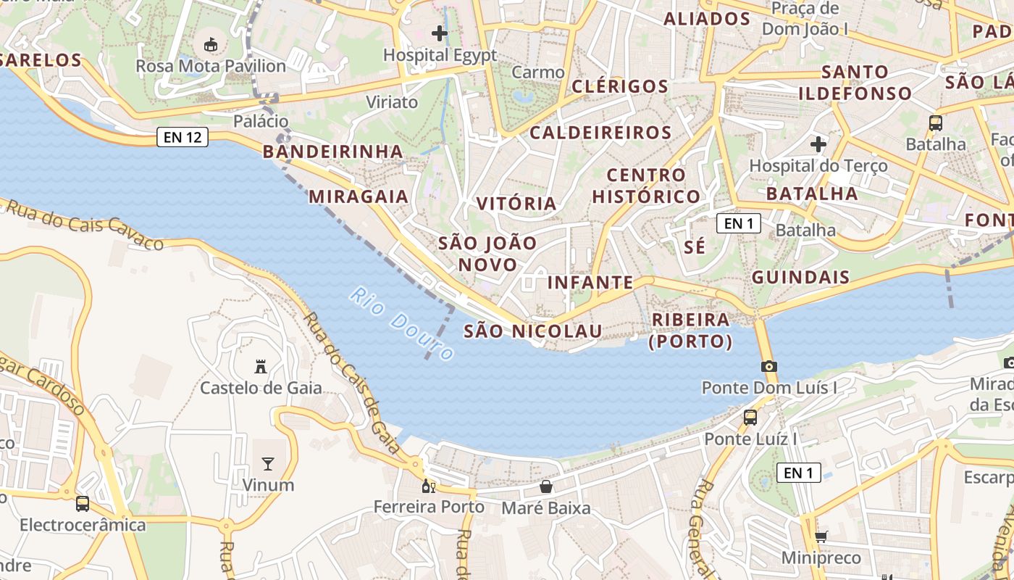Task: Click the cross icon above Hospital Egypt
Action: point(440,33)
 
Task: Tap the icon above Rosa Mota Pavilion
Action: point(211,45)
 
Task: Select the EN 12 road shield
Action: point(183,136)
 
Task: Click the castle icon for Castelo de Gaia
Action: point(261,367)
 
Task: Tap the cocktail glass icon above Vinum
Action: point(268,464)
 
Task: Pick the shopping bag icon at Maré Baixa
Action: point(546,486)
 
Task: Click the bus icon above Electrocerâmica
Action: point(83,503)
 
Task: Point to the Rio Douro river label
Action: point(402,323)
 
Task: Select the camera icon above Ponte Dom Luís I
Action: point(769,366)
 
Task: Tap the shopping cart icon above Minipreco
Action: point(821,536)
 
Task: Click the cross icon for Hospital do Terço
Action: point(818,144)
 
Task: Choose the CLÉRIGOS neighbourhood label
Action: point(619,86)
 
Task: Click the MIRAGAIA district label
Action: point(359,196)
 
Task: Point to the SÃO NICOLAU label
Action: point(532,331)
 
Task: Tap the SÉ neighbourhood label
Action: point(695,246)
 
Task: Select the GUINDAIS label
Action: point(800,277)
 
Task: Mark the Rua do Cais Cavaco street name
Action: point(84,225)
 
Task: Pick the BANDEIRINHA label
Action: point(332,152)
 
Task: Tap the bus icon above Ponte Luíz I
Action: point(750,418)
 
